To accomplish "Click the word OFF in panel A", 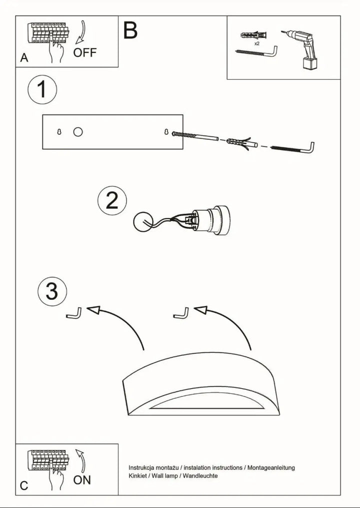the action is click(x=85, y=53).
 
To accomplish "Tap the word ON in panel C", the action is click(x=82, y=480).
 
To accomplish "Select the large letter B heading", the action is click(x=130, y=30).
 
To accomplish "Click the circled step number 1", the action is click(x=42, y=90).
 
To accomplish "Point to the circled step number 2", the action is click(x=112, y=201).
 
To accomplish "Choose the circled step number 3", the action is click(x=52, y=291).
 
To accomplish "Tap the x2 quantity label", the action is click(x=256, y=44).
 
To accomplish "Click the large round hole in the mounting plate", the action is click(x=77, y=132).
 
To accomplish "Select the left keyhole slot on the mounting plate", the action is click(x=59, y=132).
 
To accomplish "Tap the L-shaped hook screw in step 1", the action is click(x=294, y=148).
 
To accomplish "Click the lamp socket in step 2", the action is click(x=210, y=220).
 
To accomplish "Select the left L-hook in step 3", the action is click(x=74, y=313).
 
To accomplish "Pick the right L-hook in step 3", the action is click(x=181, y=313).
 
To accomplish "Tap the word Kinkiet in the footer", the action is click(x=136, y=476).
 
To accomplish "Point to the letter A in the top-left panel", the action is click(x=24, y=58).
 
